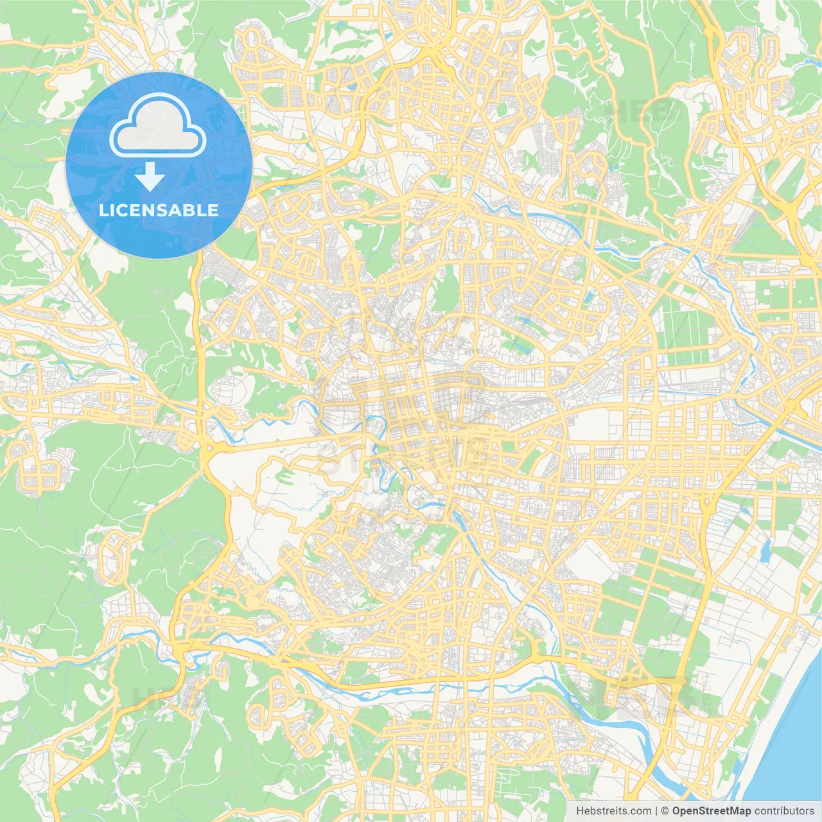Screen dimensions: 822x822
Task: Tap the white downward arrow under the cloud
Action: (x=150, y=177)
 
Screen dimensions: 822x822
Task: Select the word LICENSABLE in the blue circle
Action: (x=159, y=210)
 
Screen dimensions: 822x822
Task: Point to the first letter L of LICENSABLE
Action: (x=103, y=210)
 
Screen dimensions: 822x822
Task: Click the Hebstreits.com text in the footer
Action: (x=613, y=811)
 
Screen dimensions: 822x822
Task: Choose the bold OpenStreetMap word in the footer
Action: (x=711, y=811)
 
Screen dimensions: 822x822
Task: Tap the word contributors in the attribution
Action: (x=784, y=811)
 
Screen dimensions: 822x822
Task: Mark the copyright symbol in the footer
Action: (x=665, y=811)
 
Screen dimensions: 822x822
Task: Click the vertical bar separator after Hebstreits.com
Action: (x=656, y=811)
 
